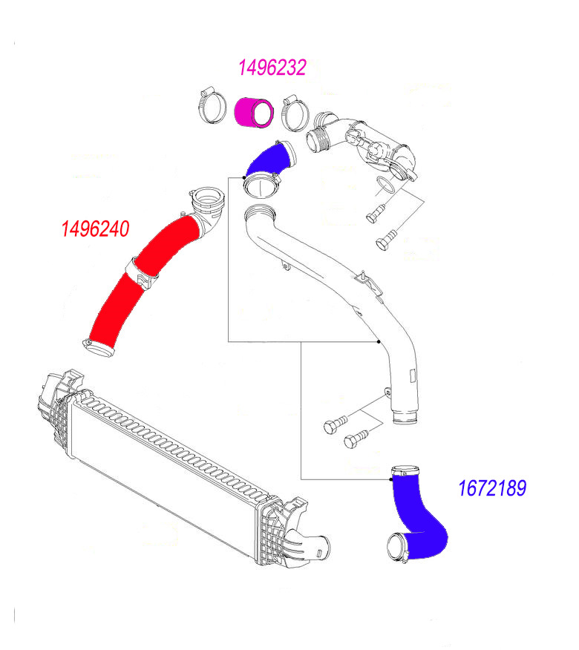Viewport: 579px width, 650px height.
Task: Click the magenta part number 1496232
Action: pyautogui.click(x=272, y=68)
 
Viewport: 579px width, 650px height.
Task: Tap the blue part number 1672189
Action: pyautogui.click(x=492, y=488)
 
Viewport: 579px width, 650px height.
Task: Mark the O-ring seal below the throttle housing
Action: pyautogui.click(x=384, y=185)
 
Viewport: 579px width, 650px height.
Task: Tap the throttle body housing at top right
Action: pyautogui.click(x=379, y=145)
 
